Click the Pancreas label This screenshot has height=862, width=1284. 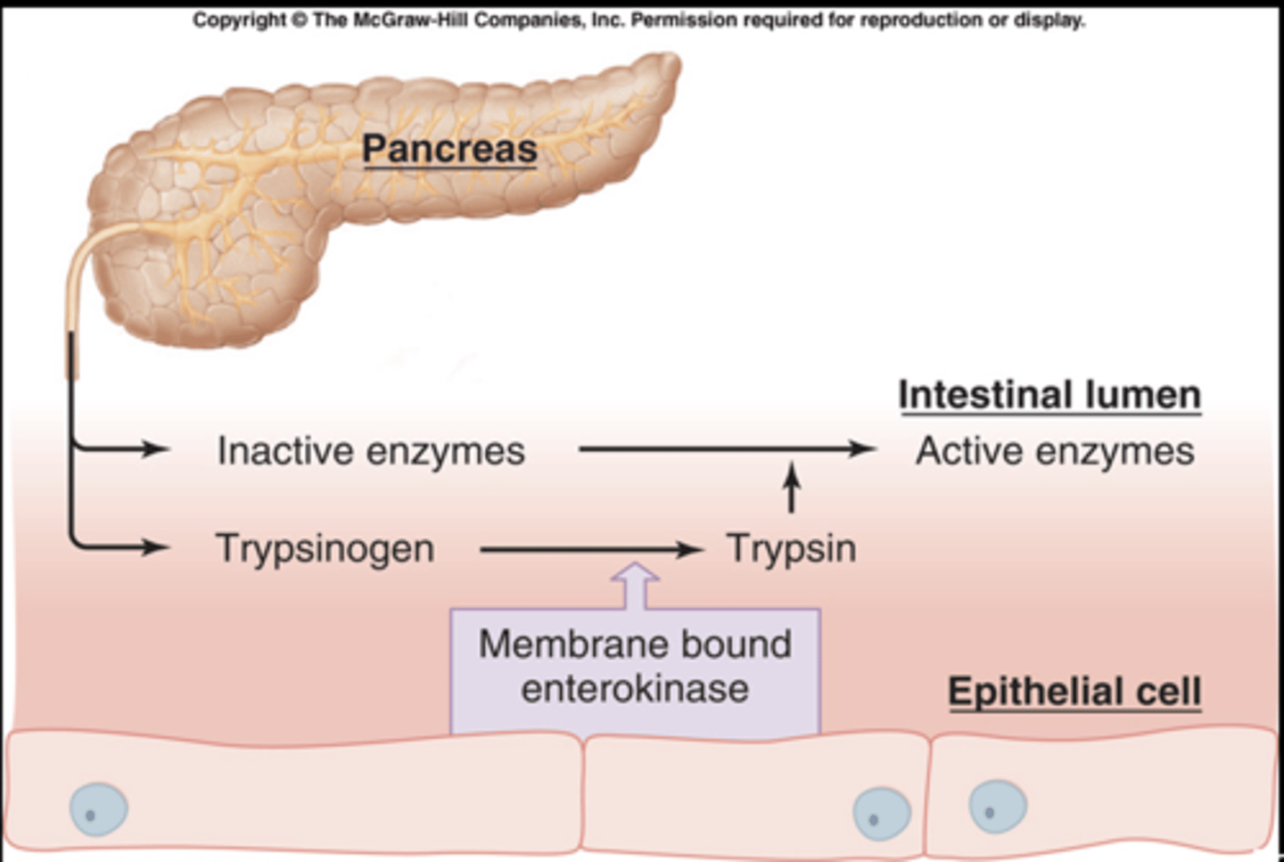(449, 148)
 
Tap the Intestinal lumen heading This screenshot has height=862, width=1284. (1049, 394)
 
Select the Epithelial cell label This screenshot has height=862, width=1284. (1074, 691)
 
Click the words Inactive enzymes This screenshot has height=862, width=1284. (371, 450)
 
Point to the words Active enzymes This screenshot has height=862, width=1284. (1054, 450)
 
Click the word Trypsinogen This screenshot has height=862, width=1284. (325, 547)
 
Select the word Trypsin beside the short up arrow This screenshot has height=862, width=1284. (791, 547)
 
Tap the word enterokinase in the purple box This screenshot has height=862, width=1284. (634, 688)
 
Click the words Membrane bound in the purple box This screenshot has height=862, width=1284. (634, 644)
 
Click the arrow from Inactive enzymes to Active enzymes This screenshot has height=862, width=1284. (727, 448)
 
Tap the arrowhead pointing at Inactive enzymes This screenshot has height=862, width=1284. (155, 448)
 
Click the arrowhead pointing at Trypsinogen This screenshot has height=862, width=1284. (155, 546)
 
